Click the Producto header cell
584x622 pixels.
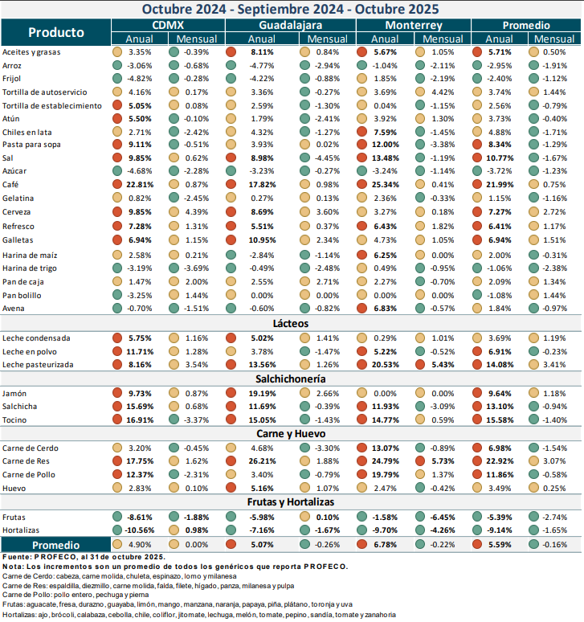(x=55, y=32)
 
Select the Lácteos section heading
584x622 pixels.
(x=291, y=322)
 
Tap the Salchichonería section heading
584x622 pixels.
(x=291, y=378)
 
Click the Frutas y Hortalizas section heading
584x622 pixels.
(x=291, y=501)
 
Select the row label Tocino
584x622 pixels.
(x=15, y=419)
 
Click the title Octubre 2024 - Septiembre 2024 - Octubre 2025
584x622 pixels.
(x=291, y=9)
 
